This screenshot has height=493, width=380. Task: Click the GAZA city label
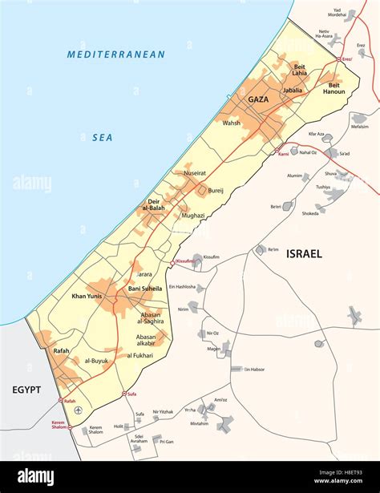[258, 99]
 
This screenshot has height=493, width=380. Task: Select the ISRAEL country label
[304, 253]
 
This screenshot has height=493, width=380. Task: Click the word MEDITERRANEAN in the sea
[116, 55]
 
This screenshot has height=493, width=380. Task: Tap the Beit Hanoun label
[334, 88]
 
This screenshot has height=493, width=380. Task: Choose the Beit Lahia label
[299, 69]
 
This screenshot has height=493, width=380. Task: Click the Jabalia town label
[293, 91]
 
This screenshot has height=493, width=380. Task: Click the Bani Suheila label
[145, 288]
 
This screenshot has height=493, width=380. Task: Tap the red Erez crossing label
[346, 59]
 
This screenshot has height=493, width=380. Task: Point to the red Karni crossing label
[283, 154]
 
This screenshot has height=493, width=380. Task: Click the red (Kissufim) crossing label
[186, 262]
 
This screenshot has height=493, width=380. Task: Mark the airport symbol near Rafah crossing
[78, 411]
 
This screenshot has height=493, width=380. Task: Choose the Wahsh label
[232, 123]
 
